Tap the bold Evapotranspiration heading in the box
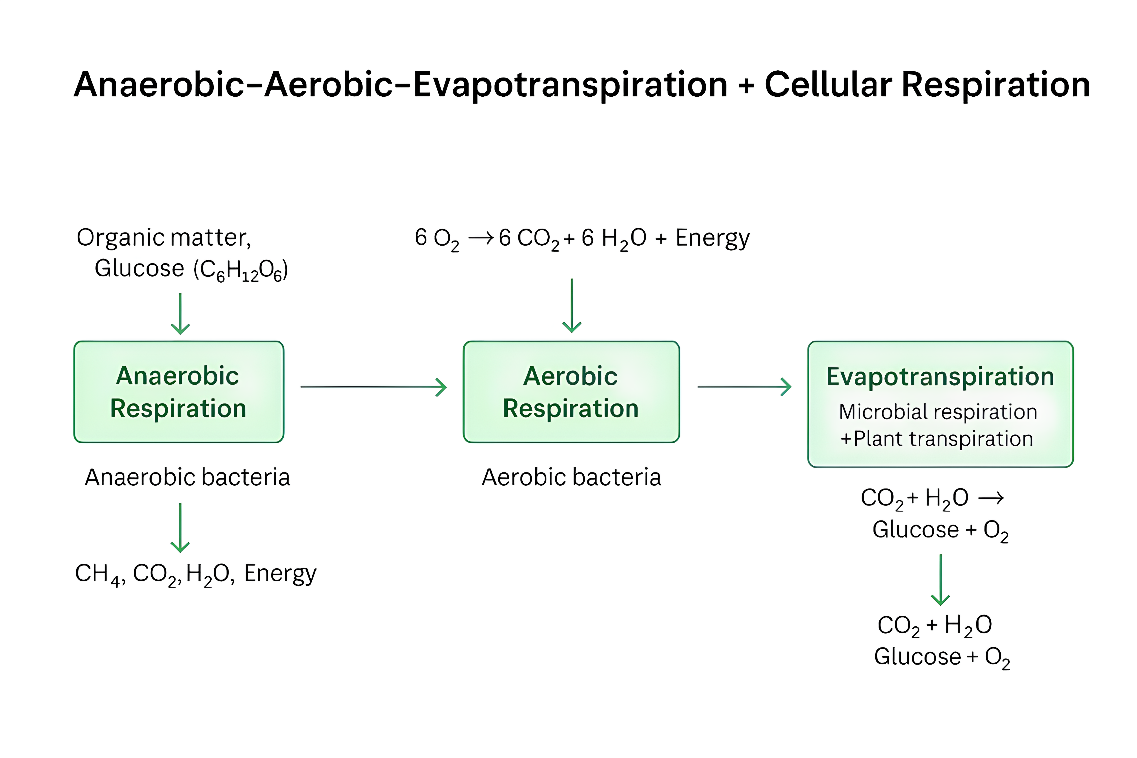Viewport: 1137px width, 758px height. pos(940,377)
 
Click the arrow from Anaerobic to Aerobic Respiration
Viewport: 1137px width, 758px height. pos(373,387)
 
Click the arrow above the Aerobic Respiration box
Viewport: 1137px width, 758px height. pos(572,306)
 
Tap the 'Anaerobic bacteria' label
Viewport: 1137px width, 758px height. pos(188,477)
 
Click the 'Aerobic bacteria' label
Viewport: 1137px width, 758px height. pos(571,477)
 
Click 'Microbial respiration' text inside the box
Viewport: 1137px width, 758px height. pos(938,412)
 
